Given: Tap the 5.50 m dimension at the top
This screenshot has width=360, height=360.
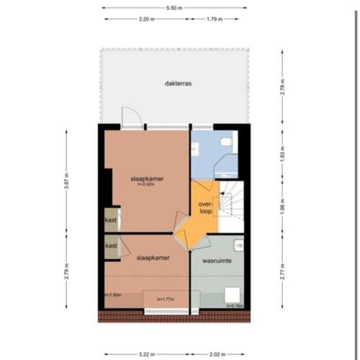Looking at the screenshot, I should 174,8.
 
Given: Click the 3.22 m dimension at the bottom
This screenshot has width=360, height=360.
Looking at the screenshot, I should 147,354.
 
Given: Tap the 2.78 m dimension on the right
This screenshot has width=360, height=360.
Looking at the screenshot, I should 282,88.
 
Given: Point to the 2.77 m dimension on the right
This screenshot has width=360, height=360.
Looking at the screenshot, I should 282,272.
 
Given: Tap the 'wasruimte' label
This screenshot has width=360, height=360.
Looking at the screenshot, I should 217,261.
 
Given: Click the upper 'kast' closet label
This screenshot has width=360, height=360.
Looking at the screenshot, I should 111,220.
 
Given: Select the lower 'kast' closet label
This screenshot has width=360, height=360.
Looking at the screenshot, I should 111,246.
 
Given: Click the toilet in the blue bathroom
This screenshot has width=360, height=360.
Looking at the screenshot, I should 228,142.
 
